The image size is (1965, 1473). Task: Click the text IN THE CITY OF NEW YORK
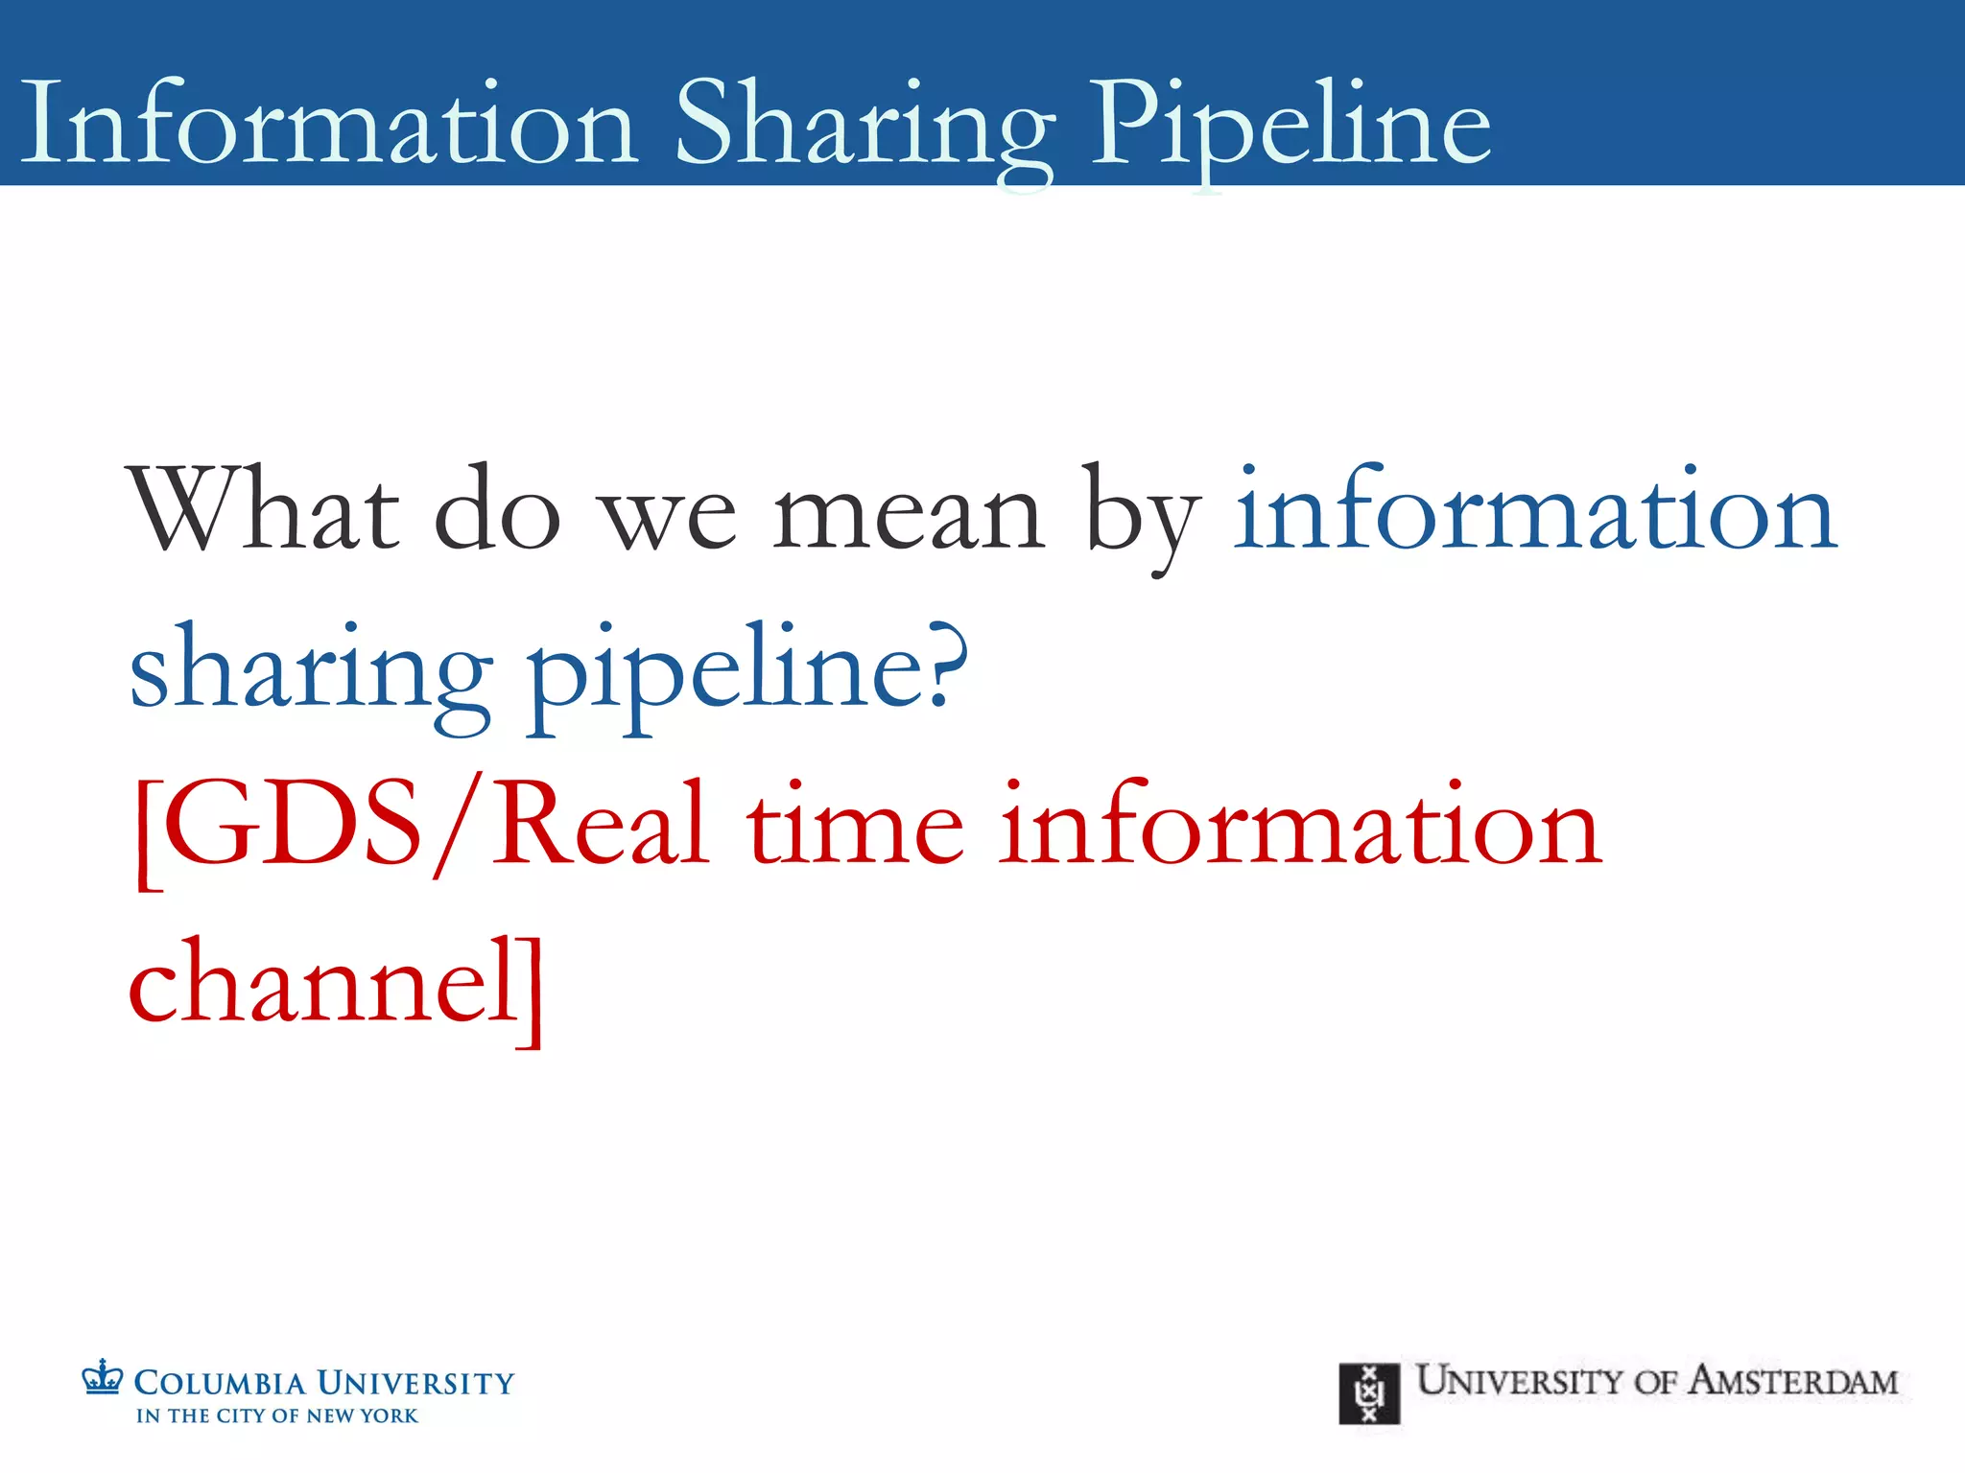click(x=277, y=1415)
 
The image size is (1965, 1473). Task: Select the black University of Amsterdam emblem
click(x=1369, y=1393)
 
